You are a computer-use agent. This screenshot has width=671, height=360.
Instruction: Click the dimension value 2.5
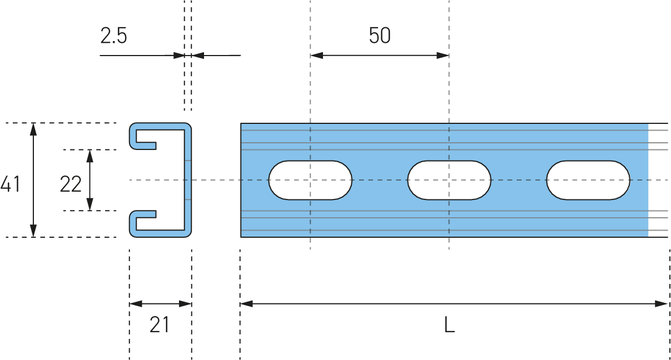pyautogui.click(x=114, y=36)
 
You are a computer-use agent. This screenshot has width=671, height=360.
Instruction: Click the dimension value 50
pyautogui.click(x=380, y=36)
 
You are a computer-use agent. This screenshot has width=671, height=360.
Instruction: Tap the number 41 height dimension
pyautogui.click(x=10, y=184)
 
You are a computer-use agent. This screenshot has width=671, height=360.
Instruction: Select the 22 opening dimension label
pyautogui.click(x=71, y=184)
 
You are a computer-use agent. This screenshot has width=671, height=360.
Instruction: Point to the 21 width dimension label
pyautogui.click(x=159, y=325)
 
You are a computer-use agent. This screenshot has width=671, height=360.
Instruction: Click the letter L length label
pyautogui.click(x=449, y=325)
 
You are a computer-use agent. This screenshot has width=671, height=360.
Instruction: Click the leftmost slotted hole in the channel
pyautogui.click(x=310, y=180)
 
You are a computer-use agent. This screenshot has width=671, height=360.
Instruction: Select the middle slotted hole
pyautogui.click(x=449, y=180)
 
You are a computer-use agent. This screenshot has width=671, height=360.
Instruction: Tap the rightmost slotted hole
pyautogui.click(x=588, y=180)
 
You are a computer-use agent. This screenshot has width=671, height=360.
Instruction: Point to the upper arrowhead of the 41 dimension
pyautogui.click(x=33, y=129)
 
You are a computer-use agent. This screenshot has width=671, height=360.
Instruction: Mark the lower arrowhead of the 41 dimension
pyautogui.click(x=33, y=231)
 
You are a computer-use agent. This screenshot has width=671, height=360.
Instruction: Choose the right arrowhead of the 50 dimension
pyautogui.click(x=443, y=56)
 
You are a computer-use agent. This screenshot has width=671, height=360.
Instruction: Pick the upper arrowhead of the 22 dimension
pyautogui.click(x=90, y=156)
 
